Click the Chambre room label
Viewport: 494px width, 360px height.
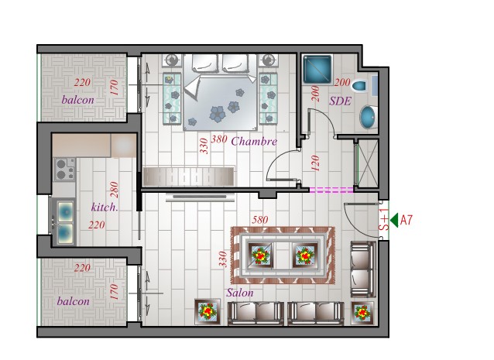(x=254, y=141)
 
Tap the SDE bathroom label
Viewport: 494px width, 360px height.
(x=340, y=101)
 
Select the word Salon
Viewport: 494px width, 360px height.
(x=240, y=293)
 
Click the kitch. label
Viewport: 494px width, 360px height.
(x=105, y=207)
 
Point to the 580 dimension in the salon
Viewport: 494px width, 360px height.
(x=260, y=220)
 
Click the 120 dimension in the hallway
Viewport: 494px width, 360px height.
(x=315, y=163)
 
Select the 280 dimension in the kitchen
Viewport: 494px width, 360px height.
(x=114, y=190)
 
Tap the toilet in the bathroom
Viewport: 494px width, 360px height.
(x=360, y=86)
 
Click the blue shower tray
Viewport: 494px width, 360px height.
(x=317, y=70)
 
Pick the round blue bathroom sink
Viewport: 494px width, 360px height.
(x=369, y=117)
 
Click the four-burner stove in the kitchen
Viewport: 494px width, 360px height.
(x=65, y=169)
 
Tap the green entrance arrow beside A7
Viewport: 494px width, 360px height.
(x=394, y=220)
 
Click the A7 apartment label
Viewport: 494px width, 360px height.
(x=406, y=220)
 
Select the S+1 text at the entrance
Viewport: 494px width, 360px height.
(x=384, y=220)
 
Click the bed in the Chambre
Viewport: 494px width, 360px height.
(x=220, y=92)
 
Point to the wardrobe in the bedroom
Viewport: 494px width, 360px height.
(x=189, y=177)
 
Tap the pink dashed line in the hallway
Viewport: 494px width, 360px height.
(x=331, y=190)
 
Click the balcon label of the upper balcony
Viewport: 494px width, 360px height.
(x=78, y=100)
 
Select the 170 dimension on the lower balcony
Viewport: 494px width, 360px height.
(x=114, y=292)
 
